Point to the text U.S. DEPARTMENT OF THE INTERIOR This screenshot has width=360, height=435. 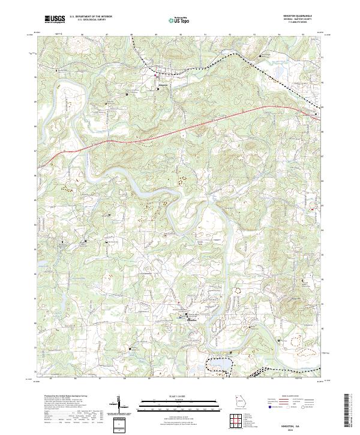91,17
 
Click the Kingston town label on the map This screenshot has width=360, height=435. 163,85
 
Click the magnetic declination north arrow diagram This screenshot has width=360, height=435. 120,403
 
